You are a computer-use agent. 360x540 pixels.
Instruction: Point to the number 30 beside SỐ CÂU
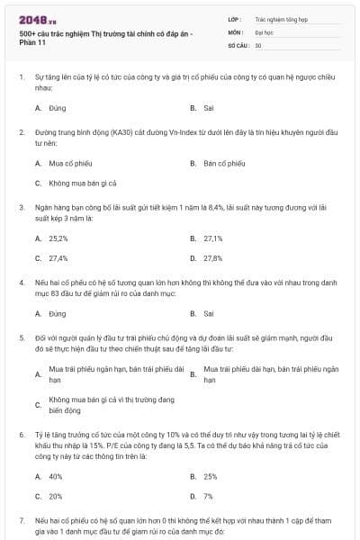(x=258, y=44)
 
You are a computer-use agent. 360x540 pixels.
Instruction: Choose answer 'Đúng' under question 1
(x=58, y=107)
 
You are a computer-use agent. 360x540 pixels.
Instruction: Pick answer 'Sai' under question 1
(x=208, y=107)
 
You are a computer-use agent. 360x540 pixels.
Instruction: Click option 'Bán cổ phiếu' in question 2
(x=224, y=164)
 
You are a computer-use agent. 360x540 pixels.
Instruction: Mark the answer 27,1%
(x=213, y=238)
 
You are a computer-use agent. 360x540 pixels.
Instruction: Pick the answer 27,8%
(x=213, y=257)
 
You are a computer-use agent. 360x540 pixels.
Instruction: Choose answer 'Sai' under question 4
(x=208, y=313)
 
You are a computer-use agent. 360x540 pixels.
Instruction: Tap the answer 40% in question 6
(x=56, y=476)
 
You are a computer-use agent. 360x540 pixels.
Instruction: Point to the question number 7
(x=22, y=521)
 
